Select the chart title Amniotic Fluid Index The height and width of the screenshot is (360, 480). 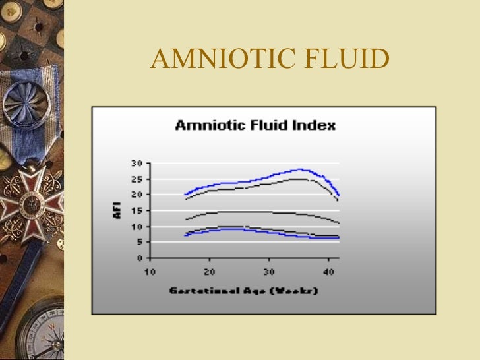click(x=255, y=125)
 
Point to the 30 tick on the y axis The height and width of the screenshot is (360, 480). click(x=137, y=163)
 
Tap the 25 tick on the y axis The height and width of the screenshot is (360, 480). click(x=137, y=179)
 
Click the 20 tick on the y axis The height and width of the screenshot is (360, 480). click(x=137, y=195)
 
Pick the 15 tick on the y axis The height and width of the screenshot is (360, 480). click(x=137, y=210)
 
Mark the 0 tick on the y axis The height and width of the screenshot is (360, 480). click(x=140, y=258)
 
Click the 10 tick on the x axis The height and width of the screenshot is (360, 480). click(x=150, y=271)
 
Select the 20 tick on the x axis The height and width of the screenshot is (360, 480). click(x=209, y=271)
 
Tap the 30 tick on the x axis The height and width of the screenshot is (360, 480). click(x=269, y=271)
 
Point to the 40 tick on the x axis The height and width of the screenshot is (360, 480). click(x=328, y=271)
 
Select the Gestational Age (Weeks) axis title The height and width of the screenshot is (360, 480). click(x=244, y=290)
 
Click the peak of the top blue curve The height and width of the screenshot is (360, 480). click(x=301, y=169)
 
